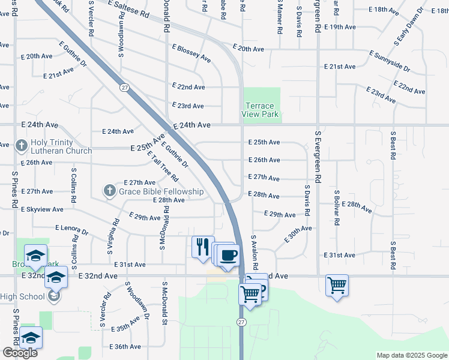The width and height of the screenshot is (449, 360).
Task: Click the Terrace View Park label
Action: (x=261, y=110)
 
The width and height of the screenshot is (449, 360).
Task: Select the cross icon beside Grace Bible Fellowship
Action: (x=109, y=191)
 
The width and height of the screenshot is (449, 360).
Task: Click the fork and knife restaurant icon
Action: (x=202, y=246)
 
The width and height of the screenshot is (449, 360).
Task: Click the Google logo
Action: (x=20, y=353)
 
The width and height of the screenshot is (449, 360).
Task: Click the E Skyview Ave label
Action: (x=42, y=209)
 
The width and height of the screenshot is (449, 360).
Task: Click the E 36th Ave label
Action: (x=125, y=347)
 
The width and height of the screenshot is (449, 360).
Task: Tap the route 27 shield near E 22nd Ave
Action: (x=124, y=88)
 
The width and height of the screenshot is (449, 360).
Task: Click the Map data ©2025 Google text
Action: (x=411, y=355)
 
